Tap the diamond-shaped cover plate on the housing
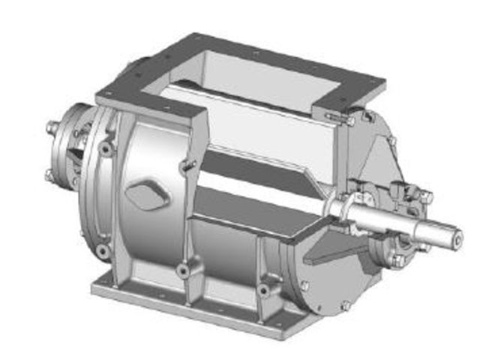click(x=143, y=194)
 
